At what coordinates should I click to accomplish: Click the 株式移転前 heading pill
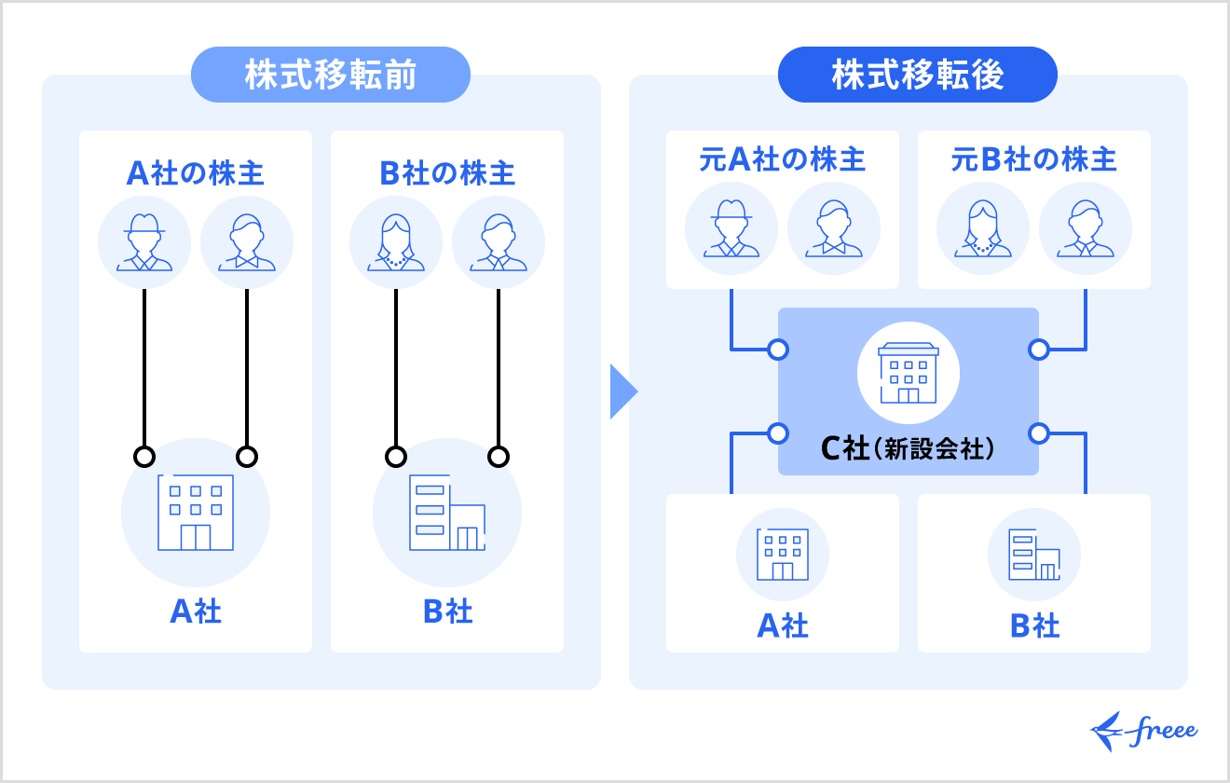point(330,75)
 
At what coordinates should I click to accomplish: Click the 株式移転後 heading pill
point(917,75)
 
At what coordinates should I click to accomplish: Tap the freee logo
point(1144,731)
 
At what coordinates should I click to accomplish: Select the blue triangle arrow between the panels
point(622,391)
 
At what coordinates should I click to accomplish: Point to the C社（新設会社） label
point(908,449)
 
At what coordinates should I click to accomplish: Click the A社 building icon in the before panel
point(196,513)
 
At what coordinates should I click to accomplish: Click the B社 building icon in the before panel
point(447,513)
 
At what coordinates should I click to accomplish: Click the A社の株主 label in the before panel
point(196,173)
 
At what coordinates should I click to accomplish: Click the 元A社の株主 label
point(783,159)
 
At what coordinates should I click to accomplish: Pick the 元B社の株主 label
point(1034,159)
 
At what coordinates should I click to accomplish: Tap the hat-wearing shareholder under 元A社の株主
point(731,228)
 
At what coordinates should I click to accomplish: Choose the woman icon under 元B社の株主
point(983,228)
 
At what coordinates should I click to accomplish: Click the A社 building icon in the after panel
point(783,555)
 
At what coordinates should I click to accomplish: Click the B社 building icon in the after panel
point(1034,555)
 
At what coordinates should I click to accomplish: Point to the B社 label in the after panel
point(1034,625)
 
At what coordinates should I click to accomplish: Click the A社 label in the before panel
point(196,611)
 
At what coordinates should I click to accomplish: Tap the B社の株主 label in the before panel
point(447,173)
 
